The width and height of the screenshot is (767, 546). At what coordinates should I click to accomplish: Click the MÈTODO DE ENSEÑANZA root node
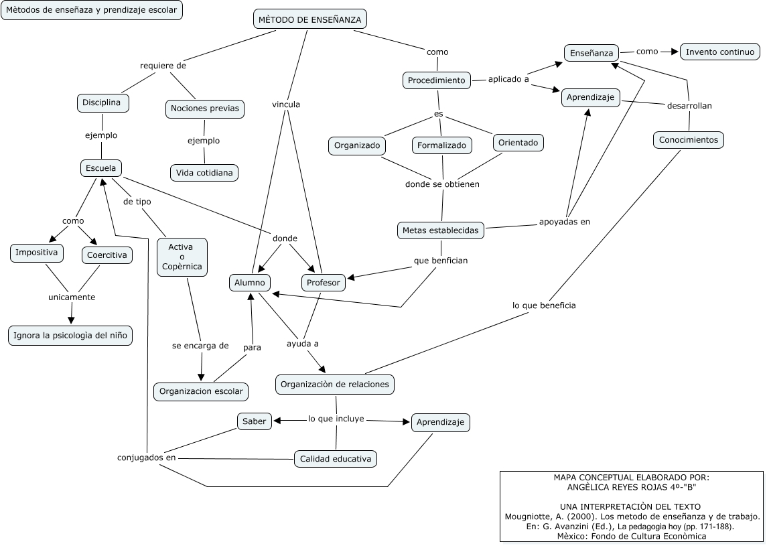[x=309, y=19]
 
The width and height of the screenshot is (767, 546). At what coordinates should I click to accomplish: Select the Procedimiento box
[x=437, y=80]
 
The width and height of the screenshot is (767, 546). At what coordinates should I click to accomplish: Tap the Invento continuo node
[x=720, y=52]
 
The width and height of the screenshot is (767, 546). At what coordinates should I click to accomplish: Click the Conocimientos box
[x=688, y=140]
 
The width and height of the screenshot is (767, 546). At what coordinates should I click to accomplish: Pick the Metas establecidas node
[x=440, y=230]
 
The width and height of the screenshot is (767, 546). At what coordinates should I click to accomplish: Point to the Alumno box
[x=250, y=283]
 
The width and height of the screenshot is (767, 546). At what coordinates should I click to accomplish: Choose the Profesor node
[x=324, y=283]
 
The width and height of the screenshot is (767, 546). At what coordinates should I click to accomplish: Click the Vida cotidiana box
[x=204, y=173]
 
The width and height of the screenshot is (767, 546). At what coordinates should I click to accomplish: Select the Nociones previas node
[x=204, y=109]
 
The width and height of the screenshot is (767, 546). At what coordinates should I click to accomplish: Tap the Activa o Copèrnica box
[x=182, y=257]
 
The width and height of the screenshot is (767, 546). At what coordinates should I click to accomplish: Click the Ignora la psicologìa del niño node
[x=70, y=336]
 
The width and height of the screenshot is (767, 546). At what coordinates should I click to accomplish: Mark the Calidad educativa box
[x=335, y=459]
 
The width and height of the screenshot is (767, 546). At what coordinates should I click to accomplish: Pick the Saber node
[x=254, y=421]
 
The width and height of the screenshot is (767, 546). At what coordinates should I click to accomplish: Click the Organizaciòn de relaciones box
[x=334, y=385]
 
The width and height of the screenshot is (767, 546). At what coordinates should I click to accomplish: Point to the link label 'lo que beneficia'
[x=544, y=305]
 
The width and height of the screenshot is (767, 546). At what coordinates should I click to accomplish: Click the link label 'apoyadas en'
[x=565, y=221]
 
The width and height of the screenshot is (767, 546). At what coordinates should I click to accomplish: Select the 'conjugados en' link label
[x=146, y=458]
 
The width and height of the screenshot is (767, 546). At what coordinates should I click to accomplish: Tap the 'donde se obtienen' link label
[x=442, y=184]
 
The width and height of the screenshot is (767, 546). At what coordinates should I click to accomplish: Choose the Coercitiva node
[x=107, y=255]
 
